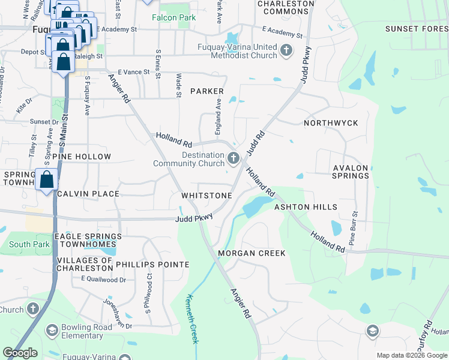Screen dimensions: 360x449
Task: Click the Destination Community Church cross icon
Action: coord(233,158)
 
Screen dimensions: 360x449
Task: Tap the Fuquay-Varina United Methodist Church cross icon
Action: coord(286,50)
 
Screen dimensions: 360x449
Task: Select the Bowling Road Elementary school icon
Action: coord(52,331)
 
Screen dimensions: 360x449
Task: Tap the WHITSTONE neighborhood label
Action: coord(206,196)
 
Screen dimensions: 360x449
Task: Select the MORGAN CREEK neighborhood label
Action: coord(252,253)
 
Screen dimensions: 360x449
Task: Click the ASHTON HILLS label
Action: coord(306,207)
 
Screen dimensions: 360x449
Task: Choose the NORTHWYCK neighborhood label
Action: coord(331,123)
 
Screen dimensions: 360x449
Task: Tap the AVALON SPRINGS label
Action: coord(351,172)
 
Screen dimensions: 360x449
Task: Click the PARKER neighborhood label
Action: coord(207,91)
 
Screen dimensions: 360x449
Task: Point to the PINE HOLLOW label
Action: coord(82,157)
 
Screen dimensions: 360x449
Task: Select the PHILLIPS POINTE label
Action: coord(152,265)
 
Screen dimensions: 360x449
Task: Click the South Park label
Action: coord(29,244)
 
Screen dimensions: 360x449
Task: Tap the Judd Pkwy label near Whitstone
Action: coord(194,219)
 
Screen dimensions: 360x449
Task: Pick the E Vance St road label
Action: coord(133,72)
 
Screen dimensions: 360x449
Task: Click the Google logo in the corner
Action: coord(20,353)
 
